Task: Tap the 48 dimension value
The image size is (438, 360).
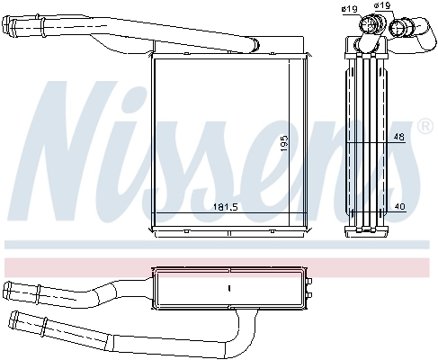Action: pos(398,137)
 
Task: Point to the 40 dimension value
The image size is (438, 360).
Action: pos(398,207)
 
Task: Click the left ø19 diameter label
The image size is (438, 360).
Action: pos(349,9)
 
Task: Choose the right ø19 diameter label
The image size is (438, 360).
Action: pos(383,7)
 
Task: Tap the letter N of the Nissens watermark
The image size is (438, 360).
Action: pos(72,153)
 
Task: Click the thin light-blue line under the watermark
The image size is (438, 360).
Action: pos(216,245)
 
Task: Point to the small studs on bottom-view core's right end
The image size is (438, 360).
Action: pos(308,288)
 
